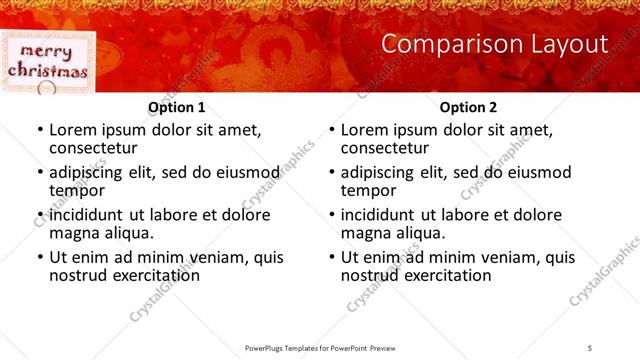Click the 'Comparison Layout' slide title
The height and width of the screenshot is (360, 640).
pyautogui.click(x=495, y=45)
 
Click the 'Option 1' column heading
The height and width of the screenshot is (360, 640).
pyautogui.click(x=177, y=107)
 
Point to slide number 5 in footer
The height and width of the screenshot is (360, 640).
pyautogui.click(x=590, y=347)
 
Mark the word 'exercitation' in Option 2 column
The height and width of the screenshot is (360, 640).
pyautogui.click(x=445, y=275)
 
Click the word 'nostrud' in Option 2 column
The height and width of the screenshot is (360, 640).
pyautogui.click(x=369, y=275)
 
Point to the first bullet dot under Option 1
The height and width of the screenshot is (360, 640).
pyautogui.click(x=39, y=131)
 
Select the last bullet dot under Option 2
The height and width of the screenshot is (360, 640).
pyautogui.click(x=331, y=258)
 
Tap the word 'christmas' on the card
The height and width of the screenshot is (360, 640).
pyautogui.click(x=47, y=71)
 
